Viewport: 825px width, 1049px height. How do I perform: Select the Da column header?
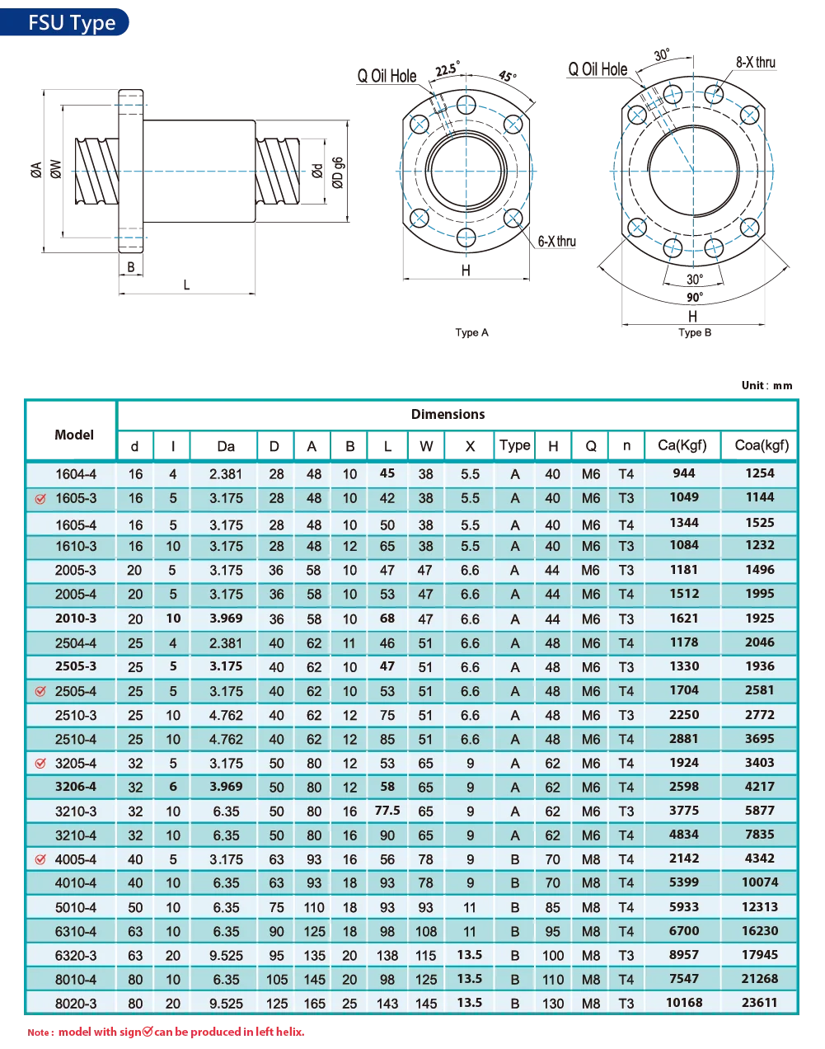[226, 446]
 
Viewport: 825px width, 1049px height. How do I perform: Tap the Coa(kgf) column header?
[762, 445]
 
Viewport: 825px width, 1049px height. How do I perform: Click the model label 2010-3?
[76, 618]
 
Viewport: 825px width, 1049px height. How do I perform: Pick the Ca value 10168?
[684, 1002]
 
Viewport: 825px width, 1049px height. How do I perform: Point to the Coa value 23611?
[760, 1002]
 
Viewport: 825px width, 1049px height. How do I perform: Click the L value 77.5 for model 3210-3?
[387, 810]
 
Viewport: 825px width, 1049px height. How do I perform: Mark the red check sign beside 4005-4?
[40, 859]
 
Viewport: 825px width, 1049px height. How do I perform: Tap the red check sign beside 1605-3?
[40, 499]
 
